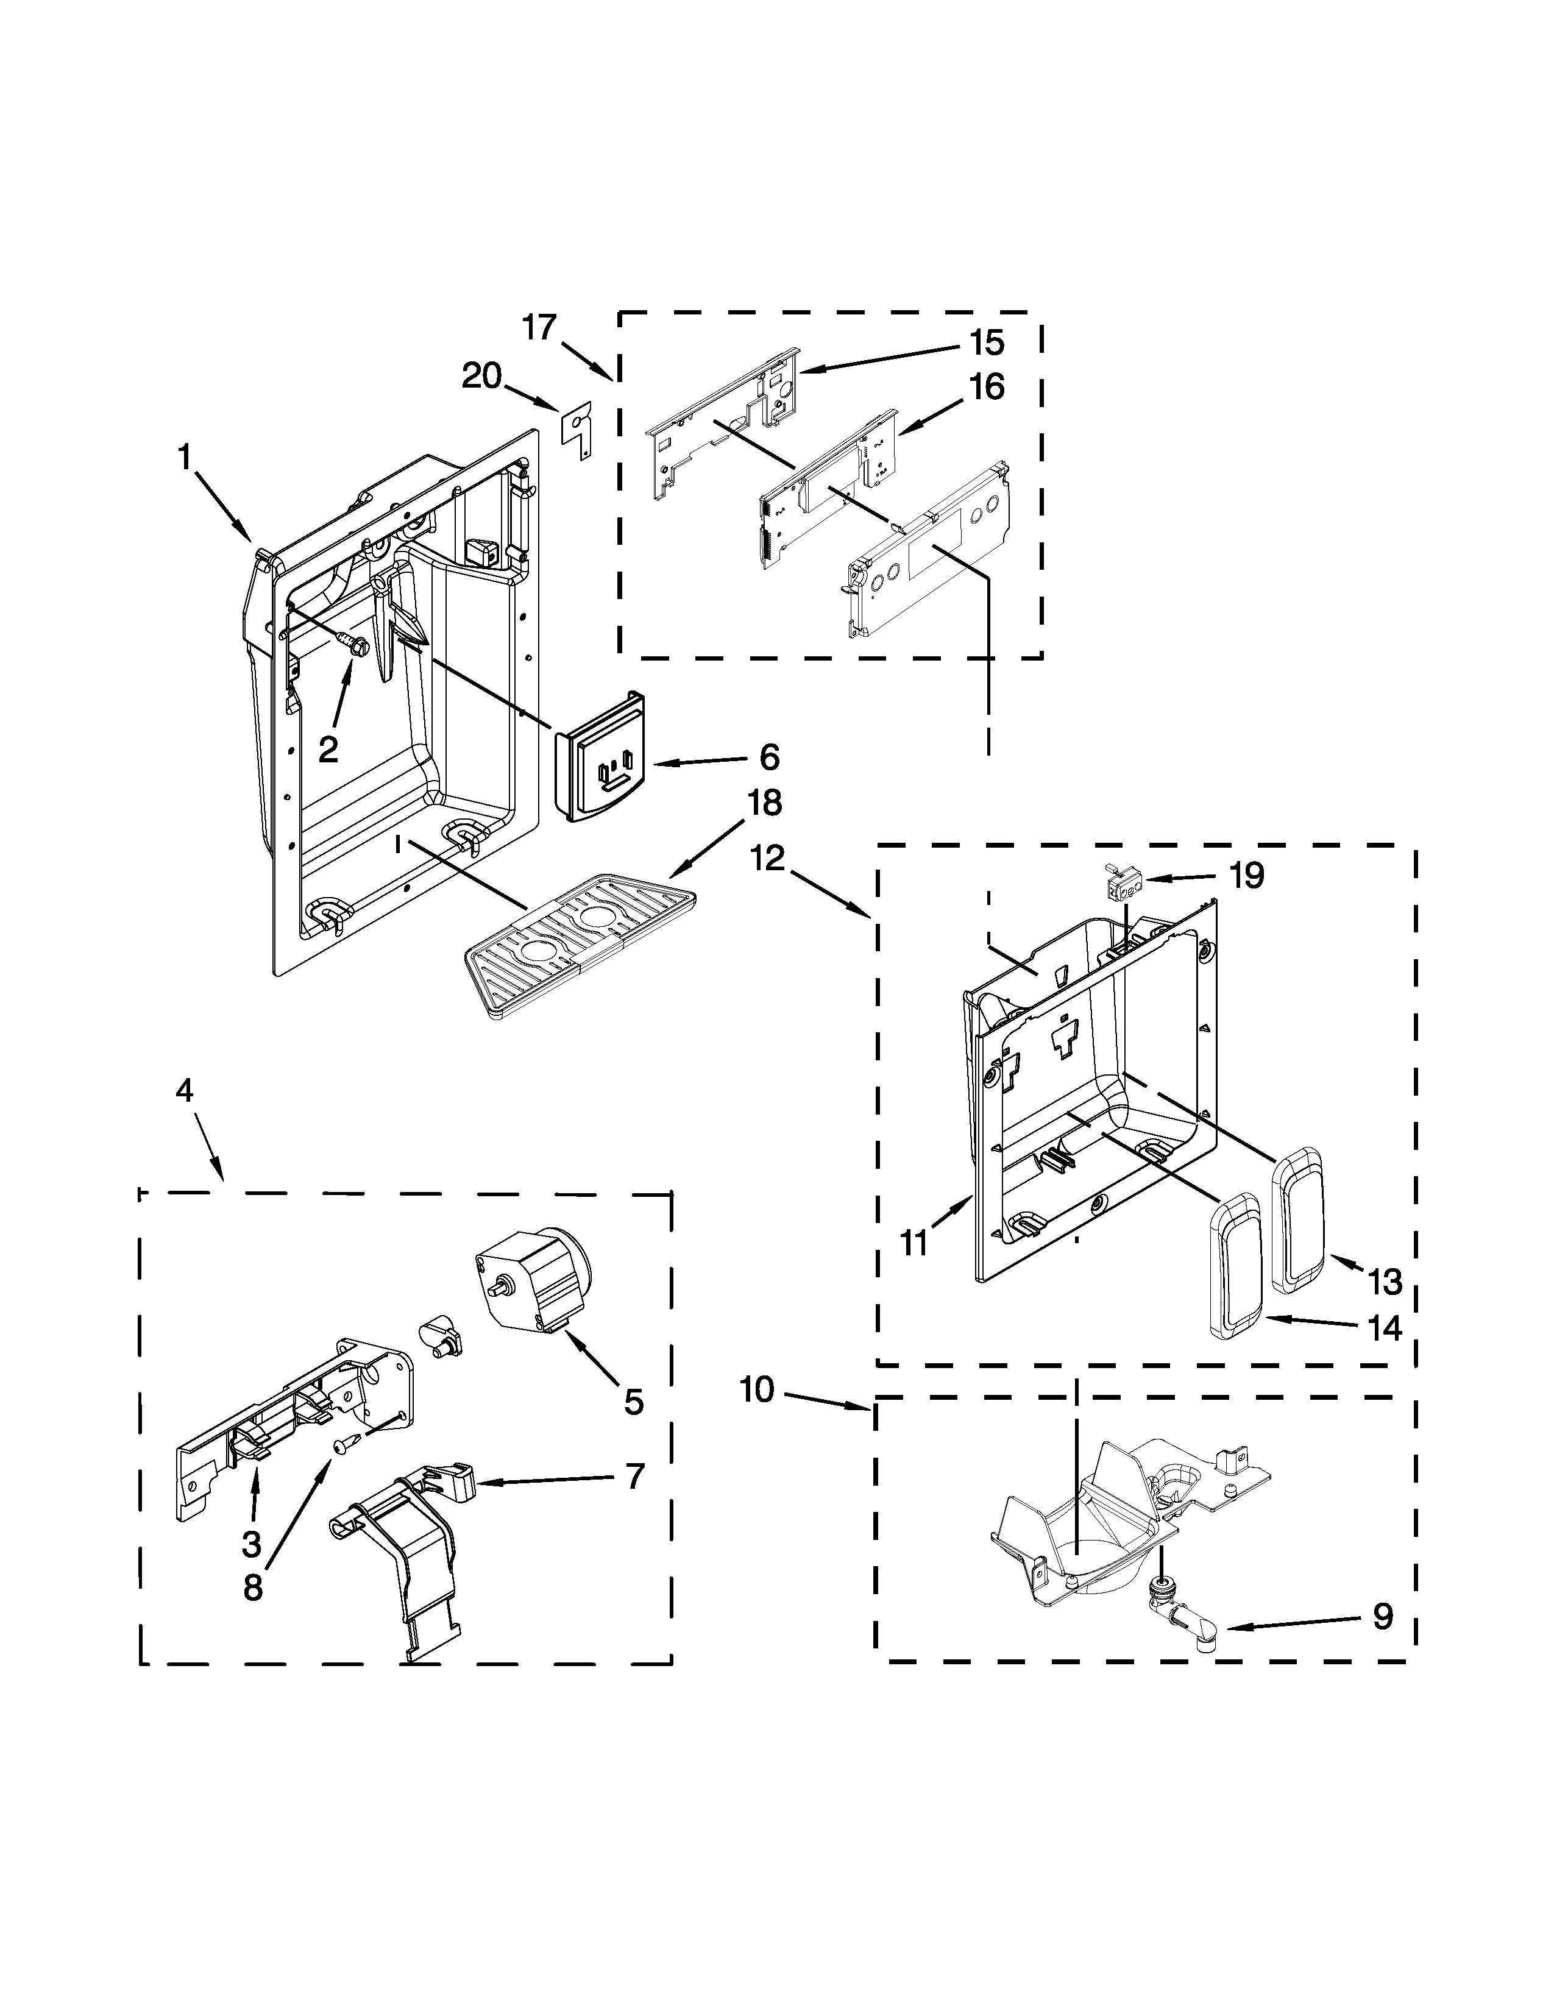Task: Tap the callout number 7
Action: coord(635,1477)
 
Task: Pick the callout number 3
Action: coord(251,1544)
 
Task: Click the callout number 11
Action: coord(914,1243)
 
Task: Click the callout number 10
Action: coord(757,1389)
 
